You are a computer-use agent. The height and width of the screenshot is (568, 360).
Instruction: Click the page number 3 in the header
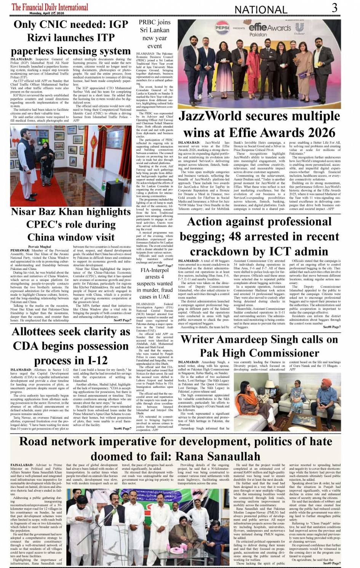click(x=334, y=8)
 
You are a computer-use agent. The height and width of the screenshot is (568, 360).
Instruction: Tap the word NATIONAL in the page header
click(x=261, y=10)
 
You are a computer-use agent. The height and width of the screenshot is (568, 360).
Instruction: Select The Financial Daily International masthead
click(x=50, y=6)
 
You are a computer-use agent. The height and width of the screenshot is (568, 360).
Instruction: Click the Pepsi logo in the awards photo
click(x=222, y=28)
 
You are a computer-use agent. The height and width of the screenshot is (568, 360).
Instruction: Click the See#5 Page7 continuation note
click(x=122, y=320)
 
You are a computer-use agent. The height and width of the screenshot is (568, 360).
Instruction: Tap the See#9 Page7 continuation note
click(x=332, y=563)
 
